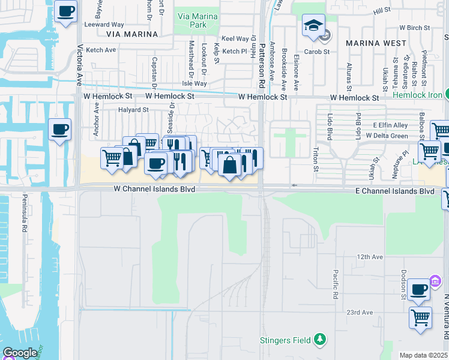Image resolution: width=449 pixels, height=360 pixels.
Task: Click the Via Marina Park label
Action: (x=191, y=21)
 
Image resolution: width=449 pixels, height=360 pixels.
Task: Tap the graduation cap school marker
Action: (x=313, y=26)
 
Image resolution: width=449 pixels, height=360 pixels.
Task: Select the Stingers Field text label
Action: (x=285, y=341)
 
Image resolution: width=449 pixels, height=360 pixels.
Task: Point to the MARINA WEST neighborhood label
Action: (x=372, y=43)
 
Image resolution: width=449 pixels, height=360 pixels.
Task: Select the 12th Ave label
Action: (x=370, y=257)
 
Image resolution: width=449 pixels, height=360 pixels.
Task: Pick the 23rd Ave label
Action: (x=360, y=313)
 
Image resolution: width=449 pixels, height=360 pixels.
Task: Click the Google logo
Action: (x=20, y=353)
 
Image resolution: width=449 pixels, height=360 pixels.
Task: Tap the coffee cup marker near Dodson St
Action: (x=418, y=289)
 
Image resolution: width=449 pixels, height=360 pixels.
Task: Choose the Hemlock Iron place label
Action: (x=417, y=95)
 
